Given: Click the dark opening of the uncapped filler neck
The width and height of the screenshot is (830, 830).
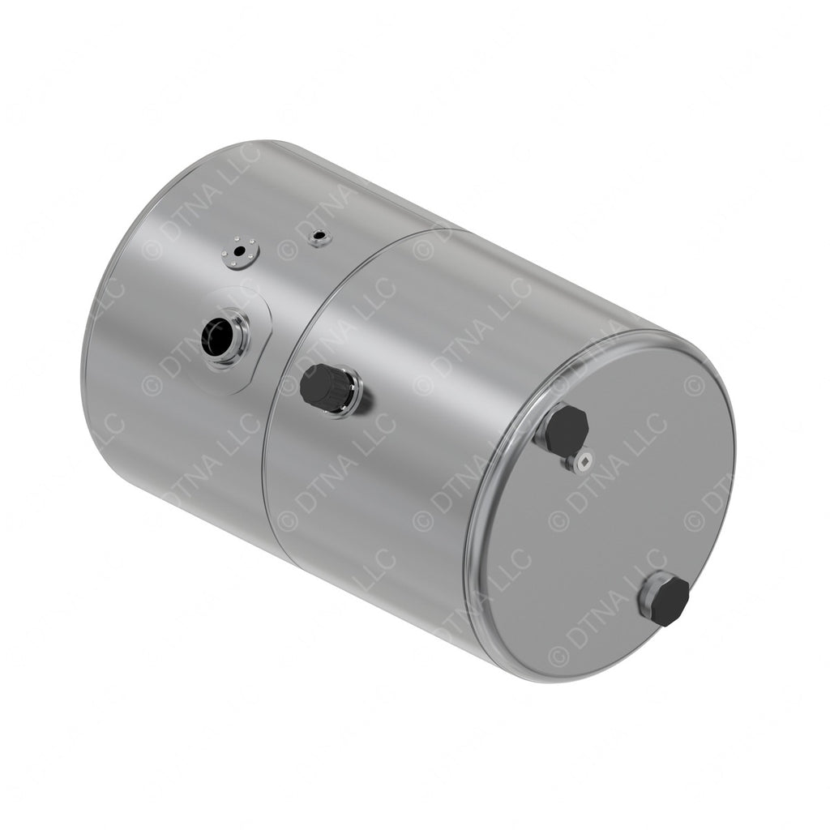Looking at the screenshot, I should click(216, 336).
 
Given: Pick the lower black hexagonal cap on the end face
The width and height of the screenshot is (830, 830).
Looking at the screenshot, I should click(669, 601).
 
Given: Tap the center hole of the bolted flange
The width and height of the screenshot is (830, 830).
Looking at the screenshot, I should click(238, 250).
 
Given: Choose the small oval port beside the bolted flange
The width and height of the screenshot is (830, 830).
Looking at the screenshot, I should click(319, 237).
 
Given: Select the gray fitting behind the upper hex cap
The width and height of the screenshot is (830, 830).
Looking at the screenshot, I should click(541, 434).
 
